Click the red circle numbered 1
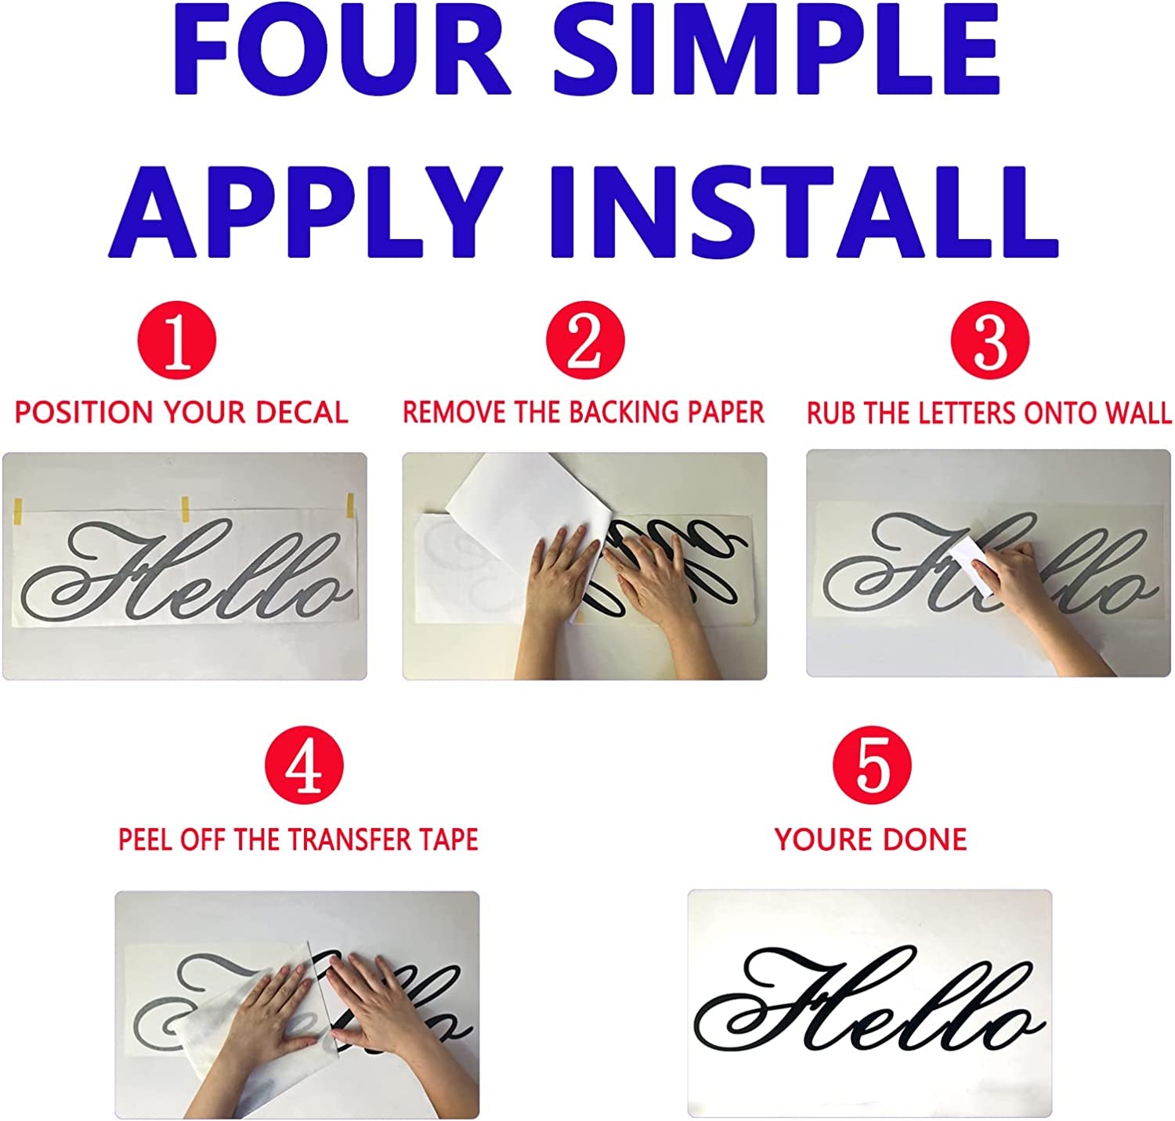[176, 342]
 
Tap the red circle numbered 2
[585, 342]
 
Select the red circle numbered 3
[990, 342]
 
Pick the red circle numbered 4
[304, 765]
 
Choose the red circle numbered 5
[872, 765]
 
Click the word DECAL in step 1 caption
[302, 413]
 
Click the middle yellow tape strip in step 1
[186, 508]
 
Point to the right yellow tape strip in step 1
[351, 507]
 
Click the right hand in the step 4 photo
[368, 1003]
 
